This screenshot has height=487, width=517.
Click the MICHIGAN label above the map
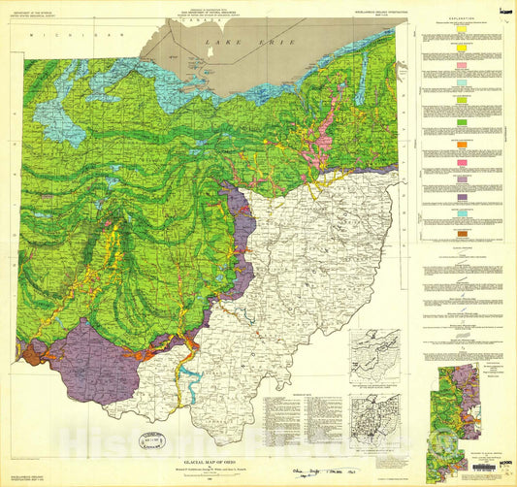click(69, 35)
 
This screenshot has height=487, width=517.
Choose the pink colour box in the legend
click(462, 64)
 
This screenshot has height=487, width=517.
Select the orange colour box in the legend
click(462, 146)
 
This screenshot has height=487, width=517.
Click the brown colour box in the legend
click(462, 236)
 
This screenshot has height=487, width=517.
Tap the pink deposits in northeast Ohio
click(320, 126)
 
